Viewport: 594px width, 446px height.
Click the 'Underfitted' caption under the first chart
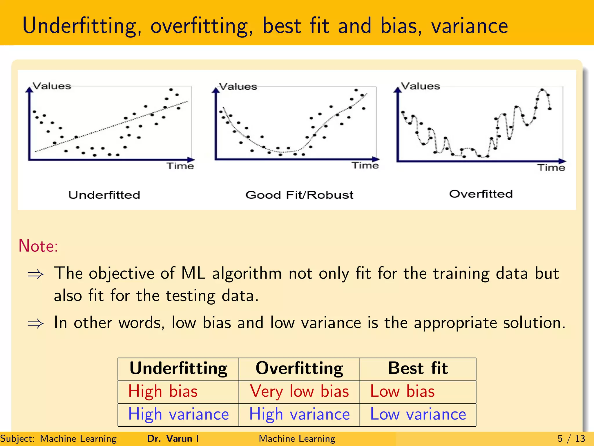point(104,195)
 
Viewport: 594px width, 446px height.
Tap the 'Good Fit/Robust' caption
point(299,195)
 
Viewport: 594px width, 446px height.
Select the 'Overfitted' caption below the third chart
point(481,194)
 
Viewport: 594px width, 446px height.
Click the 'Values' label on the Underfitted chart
point(52,86)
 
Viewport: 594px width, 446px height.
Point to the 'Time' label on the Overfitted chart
point(551,168)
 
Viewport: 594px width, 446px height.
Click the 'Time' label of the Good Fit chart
point(365,166)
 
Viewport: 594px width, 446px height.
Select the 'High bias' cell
point(163,391)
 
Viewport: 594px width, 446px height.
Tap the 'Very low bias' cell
point(299,391)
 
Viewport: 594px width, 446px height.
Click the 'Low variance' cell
point(418,414)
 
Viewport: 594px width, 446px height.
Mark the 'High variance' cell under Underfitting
point(178,414)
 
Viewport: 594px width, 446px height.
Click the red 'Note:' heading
point(38,246)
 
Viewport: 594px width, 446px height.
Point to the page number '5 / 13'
point(571,438)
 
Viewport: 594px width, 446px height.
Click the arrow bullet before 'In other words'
point(35,323)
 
